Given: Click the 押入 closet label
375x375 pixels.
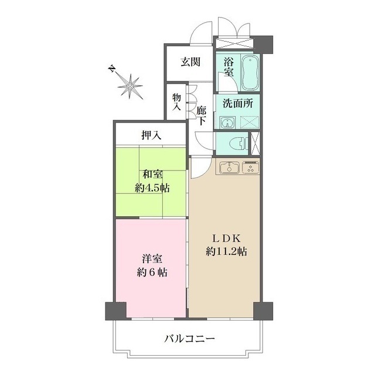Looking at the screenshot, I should pyautogui.click(x=151, y=136).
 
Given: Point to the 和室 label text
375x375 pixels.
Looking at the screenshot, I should pyautogui.click(x=151, y=175).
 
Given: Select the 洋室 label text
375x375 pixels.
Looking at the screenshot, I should pyautogui.click(x=151, y=258).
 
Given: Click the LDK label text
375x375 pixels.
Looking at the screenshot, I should pyautogui.click(x=226, y=238).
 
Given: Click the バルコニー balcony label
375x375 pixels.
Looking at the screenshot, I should pyautogui.click(x=189, y=338).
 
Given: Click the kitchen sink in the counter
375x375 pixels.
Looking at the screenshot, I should pyautogui.click(x=229, y=169).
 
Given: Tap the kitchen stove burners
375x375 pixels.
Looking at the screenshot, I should pyautogui.click(x=250, y=169).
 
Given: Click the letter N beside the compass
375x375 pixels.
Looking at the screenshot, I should pyautogui.click(x=111, y=68).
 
